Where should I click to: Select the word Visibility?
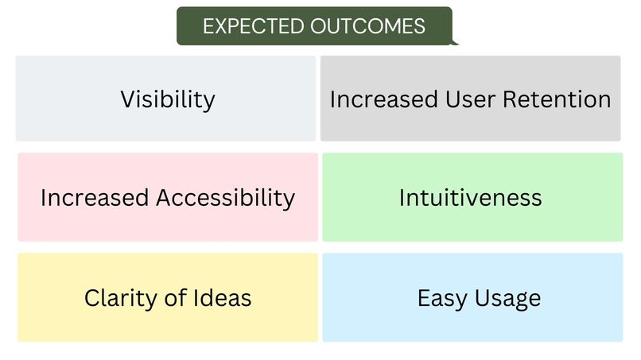tap(168, 99)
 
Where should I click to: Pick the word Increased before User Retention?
tap(383, 99)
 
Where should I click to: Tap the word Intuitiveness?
tap(471, 197)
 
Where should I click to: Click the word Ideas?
tap(225, 298)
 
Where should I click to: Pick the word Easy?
tap(441, 298)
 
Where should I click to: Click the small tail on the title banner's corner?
tap(455, 41)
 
